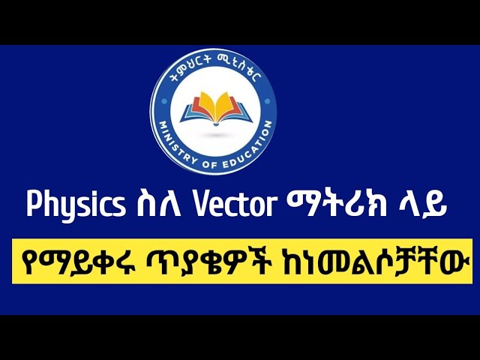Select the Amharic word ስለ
[x=151, y=205]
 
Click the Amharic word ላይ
[x=421, y=205]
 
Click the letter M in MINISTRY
[x=162, y=126]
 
